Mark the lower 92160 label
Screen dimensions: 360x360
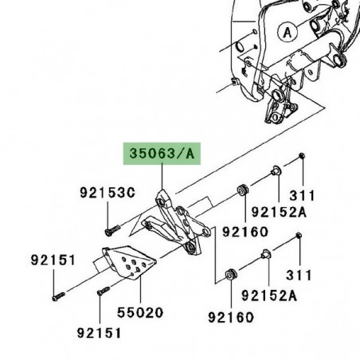click(230, 318)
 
